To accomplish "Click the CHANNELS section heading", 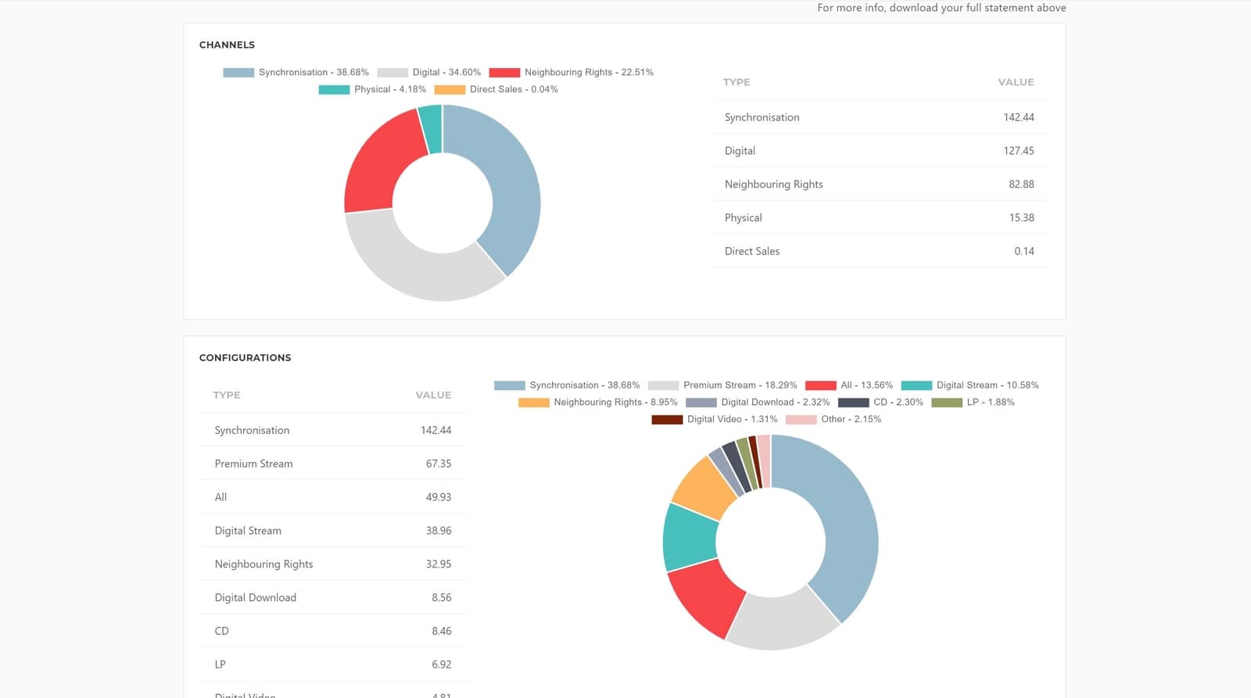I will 227,45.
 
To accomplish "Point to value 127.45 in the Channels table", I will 1018,151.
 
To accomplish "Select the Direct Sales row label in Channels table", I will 751,251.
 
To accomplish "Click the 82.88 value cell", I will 1020,184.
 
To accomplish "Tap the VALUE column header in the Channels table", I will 1016,82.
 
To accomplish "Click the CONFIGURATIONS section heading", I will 245,357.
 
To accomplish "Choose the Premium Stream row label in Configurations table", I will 253,464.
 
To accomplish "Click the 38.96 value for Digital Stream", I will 438,531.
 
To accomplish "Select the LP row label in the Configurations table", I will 220,664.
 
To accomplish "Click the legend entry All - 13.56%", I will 866,385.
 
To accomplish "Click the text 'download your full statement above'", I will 977,8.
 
